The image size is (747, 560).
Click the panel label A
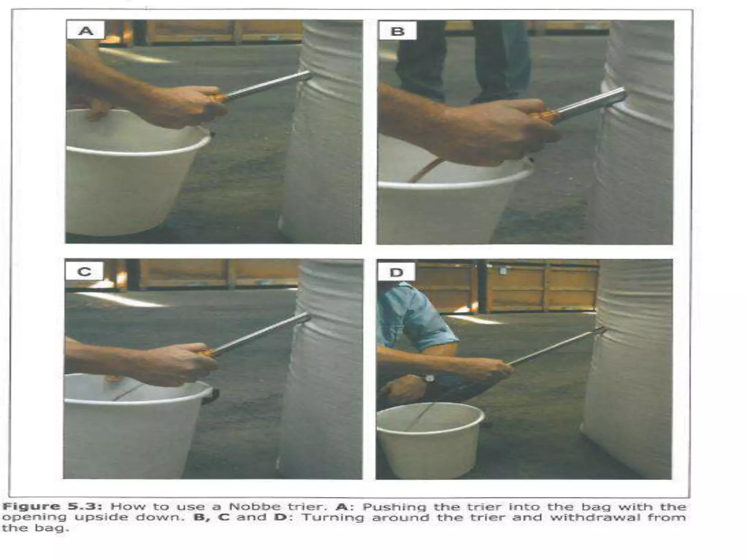[86, 30]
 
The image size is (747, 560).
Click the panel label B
[398, 31]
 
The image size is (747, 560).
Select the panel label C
[84, 272]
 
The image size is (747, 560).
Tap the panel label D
[396, 272]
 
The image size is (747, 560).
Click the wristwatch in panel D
[429, 378]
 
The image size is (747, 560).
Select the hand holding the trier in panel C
[179, 363]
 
